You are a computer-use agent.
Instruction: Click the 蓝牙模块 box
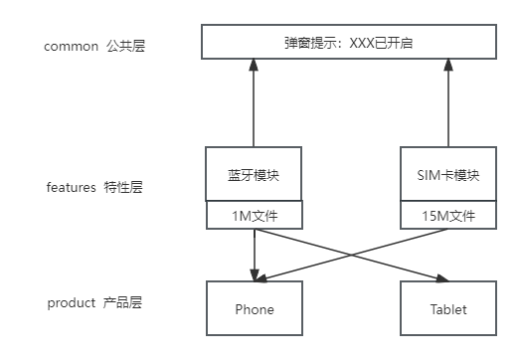253,175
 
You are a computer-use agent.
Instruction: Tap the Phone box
254,308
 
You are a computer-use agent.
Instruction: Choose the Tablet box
448,308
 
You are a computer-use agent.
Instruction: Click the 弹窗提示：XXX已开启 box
348,44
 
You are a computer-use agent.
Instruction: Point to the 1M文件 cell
253,216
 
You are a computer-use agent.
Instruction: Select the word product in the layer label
71,302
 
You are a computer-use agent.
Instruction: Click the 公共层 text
125,46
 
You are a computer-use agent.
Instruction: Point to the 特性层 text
123,187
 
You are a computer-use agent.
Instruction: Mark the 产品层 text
122,302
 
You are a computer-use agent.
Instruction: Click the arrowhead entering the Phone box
256,275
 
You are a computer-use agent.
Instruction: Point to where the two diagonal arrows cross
352,255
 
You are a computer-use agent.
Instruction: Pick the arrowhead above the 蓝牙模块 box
253,64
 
